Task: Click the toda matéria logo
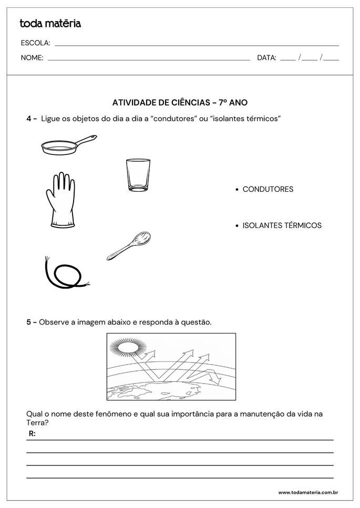(x=50, y=23)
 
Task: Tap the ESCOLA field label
(x=35, y=43)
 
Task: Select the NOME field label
(x=32, y=58)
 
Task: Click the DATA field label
(x=266, y=58)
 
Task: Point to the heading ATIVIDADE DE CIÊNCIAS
(x=180, y=102)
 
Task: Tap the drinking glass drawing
(x=138, y=175)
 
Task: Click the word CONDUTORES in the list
(x=268, y=189)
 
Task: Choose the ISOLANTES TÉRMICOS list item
(x=282, y=225)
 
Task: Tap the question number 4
(x=29, y=119)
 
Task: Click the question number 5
(x=29, y=322)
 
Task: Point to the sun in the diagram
(x=126, y=347)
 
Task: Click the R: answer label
(x=32, y=434)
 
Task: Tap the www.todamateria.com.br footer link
(x=307, y=493)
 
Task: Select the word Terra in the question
(x=36, y=422)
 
